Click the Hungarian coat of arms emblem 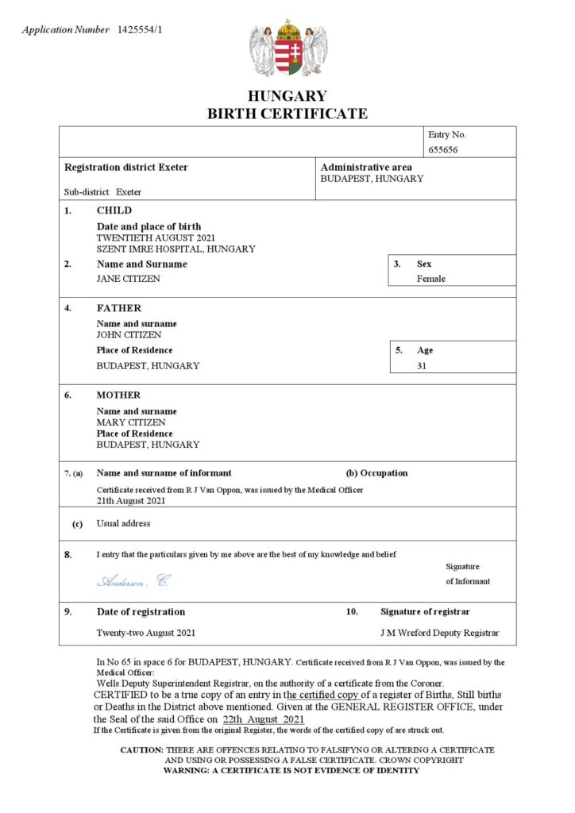click(287, 49)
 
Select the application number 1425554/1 click(144, 30)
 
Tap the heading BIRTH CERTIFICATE click(287, 114)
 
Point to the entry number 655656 click(443, 149)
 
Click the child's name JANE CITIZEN click(128, 279)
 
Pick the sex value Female click(431, 279)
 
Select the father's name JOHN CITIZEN click(129, 334)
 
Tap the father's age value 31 click(422, 366)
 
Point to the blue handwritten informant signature click(133, 581)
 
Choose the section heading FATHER click(119, 308)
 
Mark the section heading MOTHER click(118, 395)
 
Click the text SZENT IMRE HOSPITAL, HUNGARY click(176, 249)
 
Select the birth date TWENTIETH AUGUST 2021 click(156, 237)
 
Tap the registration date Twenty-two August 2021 click(146, 633)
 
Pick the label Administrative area click(366, 168)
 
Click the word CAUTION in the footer click(141, 749)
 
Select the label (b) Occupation click(376, 473)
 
